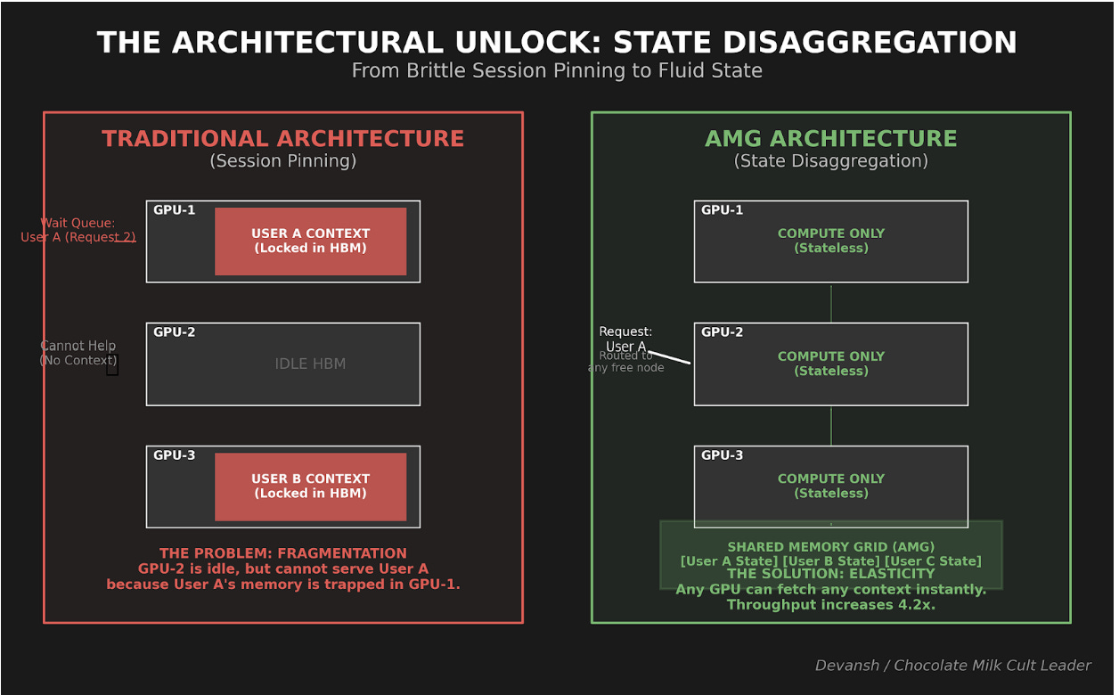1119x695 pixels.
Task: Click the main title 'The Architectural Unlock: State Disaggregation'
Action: click(557, 43)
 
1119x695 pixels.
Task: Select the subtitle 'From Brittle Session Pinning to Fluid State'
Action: click(557, 71)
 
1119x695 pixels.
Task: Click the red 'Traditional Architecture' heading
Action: click(282, 139)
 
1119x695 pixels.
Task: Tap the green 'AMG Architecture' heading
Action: click(830, 139)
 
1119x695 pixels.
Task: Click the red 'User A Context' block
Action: click(310, 241)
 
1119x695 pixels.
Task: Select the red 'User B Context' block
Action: click(310, 487)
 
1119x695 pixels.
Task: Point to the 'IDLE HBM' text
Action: click(310, 364)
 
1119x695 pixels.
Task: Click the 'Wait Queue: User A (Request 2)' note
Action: click(78, 230)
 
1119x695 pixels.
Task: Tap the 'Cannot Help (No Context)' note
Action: click(78, 353)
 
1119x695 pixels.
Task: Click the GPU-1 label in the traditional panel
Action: click(174, 210)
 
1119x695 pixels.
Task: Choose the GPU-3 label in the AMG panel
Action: click(722, 455)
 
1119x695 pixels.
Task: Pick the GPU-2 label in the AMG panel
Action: click(722, 332)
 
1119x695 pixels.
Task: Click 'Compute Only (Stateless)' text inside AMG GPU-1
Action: click(830, 241)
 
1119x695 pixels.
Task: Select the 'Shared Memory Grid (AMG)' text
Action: click(830, 547)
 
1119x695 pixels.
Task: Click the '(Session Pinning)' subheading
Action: click(282, 161)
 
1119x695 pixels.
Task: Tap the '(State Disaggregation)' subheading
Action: click(830, 161)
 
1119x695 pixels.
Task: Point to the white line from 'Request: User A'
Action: click(670, 357)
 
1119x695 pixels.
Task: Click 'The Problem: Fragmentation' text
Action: click(282, 553)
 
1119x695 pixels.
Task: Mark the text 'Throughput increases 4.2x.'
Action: click(830, 605)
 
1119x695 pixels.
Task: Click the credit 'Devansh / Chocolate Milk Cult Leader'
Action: click(952, 666)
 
